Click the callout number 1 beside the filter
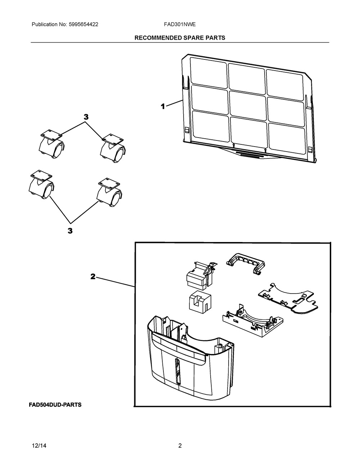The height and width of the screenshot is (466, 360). tap(163, 106)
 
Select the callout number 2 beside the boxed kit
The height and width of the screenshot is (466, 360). tap(93, 277)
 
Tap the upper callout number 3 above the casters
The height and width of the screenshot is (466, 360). tap(86, 117)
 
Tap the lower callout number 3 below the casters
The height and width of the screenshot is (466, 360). tap(70, 231)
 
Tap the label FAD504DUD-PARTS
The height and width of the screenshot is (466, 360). tap(55, 405)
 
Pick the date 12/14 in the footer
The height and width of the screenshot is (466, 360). tap(39, 446)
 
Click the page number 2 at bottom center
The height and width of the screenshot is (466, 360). tap(180, 446)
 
